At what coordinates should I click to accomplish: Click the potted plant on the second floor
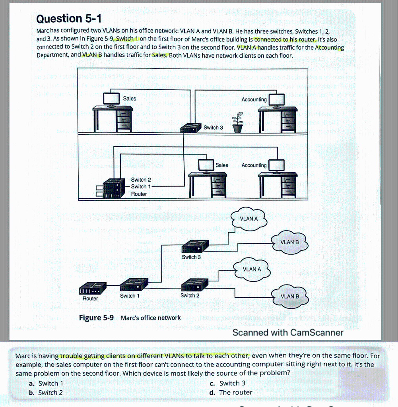(x=237, y=123)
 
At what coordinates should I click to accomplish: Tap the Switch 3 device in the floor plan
(x=190, y=128)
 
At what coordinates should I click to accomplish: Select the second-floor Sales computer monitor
(x=111, y=99)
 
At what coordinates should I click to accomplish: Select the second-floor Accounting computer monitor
(x=277, y=100)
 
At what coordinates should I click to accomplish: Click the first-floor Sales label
(x=222, y=165)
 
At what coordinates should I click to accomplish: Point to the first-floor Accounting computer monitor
(x=277, y=165)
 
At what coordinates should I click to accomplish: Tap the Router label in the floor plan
(x=139, y=194)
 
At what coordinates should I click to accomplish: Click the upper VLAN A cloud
(x=249, y=219)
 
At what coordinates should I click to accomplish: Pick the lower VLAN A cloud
(x=252, y=269)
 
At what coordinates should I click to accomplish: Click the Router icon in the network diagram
(x=93, y=287)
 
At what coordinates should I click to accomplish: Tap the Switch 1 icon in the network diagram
(x=134, y=285)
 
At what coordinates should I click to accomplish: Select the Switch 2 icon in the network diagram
(x=194, y=285)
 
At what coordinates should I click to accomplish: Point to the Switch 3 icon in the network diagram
(x=195, y=246)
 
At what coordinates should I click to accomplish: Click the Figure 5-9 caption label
(x=96, y=318)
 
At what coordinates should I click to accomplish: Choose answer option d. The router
(x=231, y=392)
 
